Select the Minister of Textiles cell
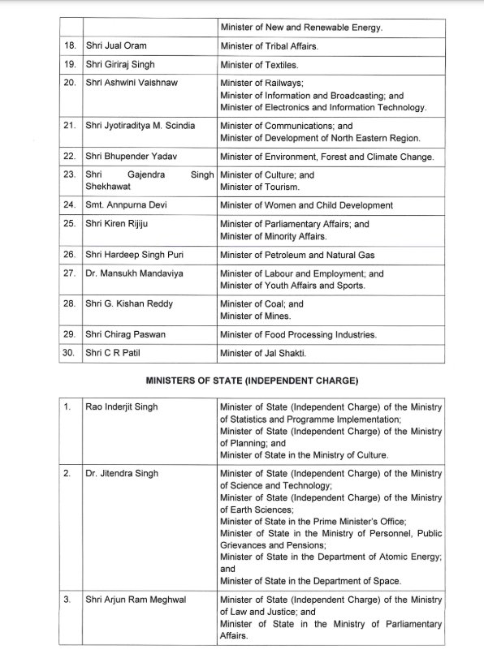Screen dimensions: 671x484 pos(259,64)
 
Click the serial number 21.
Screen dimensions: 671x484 pos(70,126)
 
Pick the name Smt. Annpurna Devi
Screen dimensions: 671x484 pos(125,205)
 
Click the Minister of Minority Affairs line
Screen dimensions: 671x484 pos(272,236)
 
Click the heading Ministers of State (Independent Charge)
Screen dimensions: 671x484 pos(252,380)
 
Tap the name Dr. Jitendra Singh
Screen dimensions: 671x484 pos(122,473)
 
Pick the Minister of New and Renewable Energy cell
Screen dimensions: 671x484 pos(301,28)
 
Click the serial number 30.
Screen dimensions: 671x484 pos(70,353)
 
